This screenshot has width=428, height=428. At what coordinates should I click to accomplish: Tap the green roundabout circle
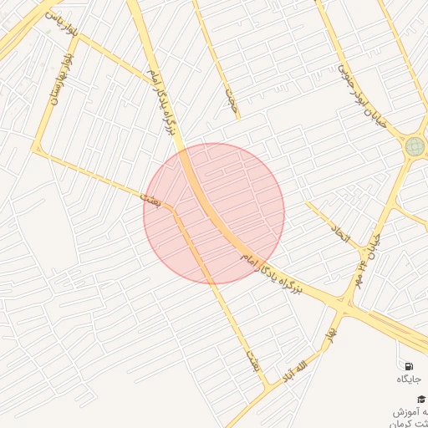click(415, 147)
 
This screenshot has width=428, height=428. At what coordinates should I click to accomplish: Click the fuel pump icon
click(408, 365)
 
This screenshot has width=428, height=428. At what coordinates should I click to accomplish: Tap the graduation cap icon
click(421, 399)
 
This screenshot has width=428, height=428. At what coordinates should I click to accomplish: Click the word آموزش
click(409, 413)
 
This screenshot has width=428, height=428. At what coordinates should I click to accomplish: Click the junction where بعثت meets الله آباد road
click(269, 387)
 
